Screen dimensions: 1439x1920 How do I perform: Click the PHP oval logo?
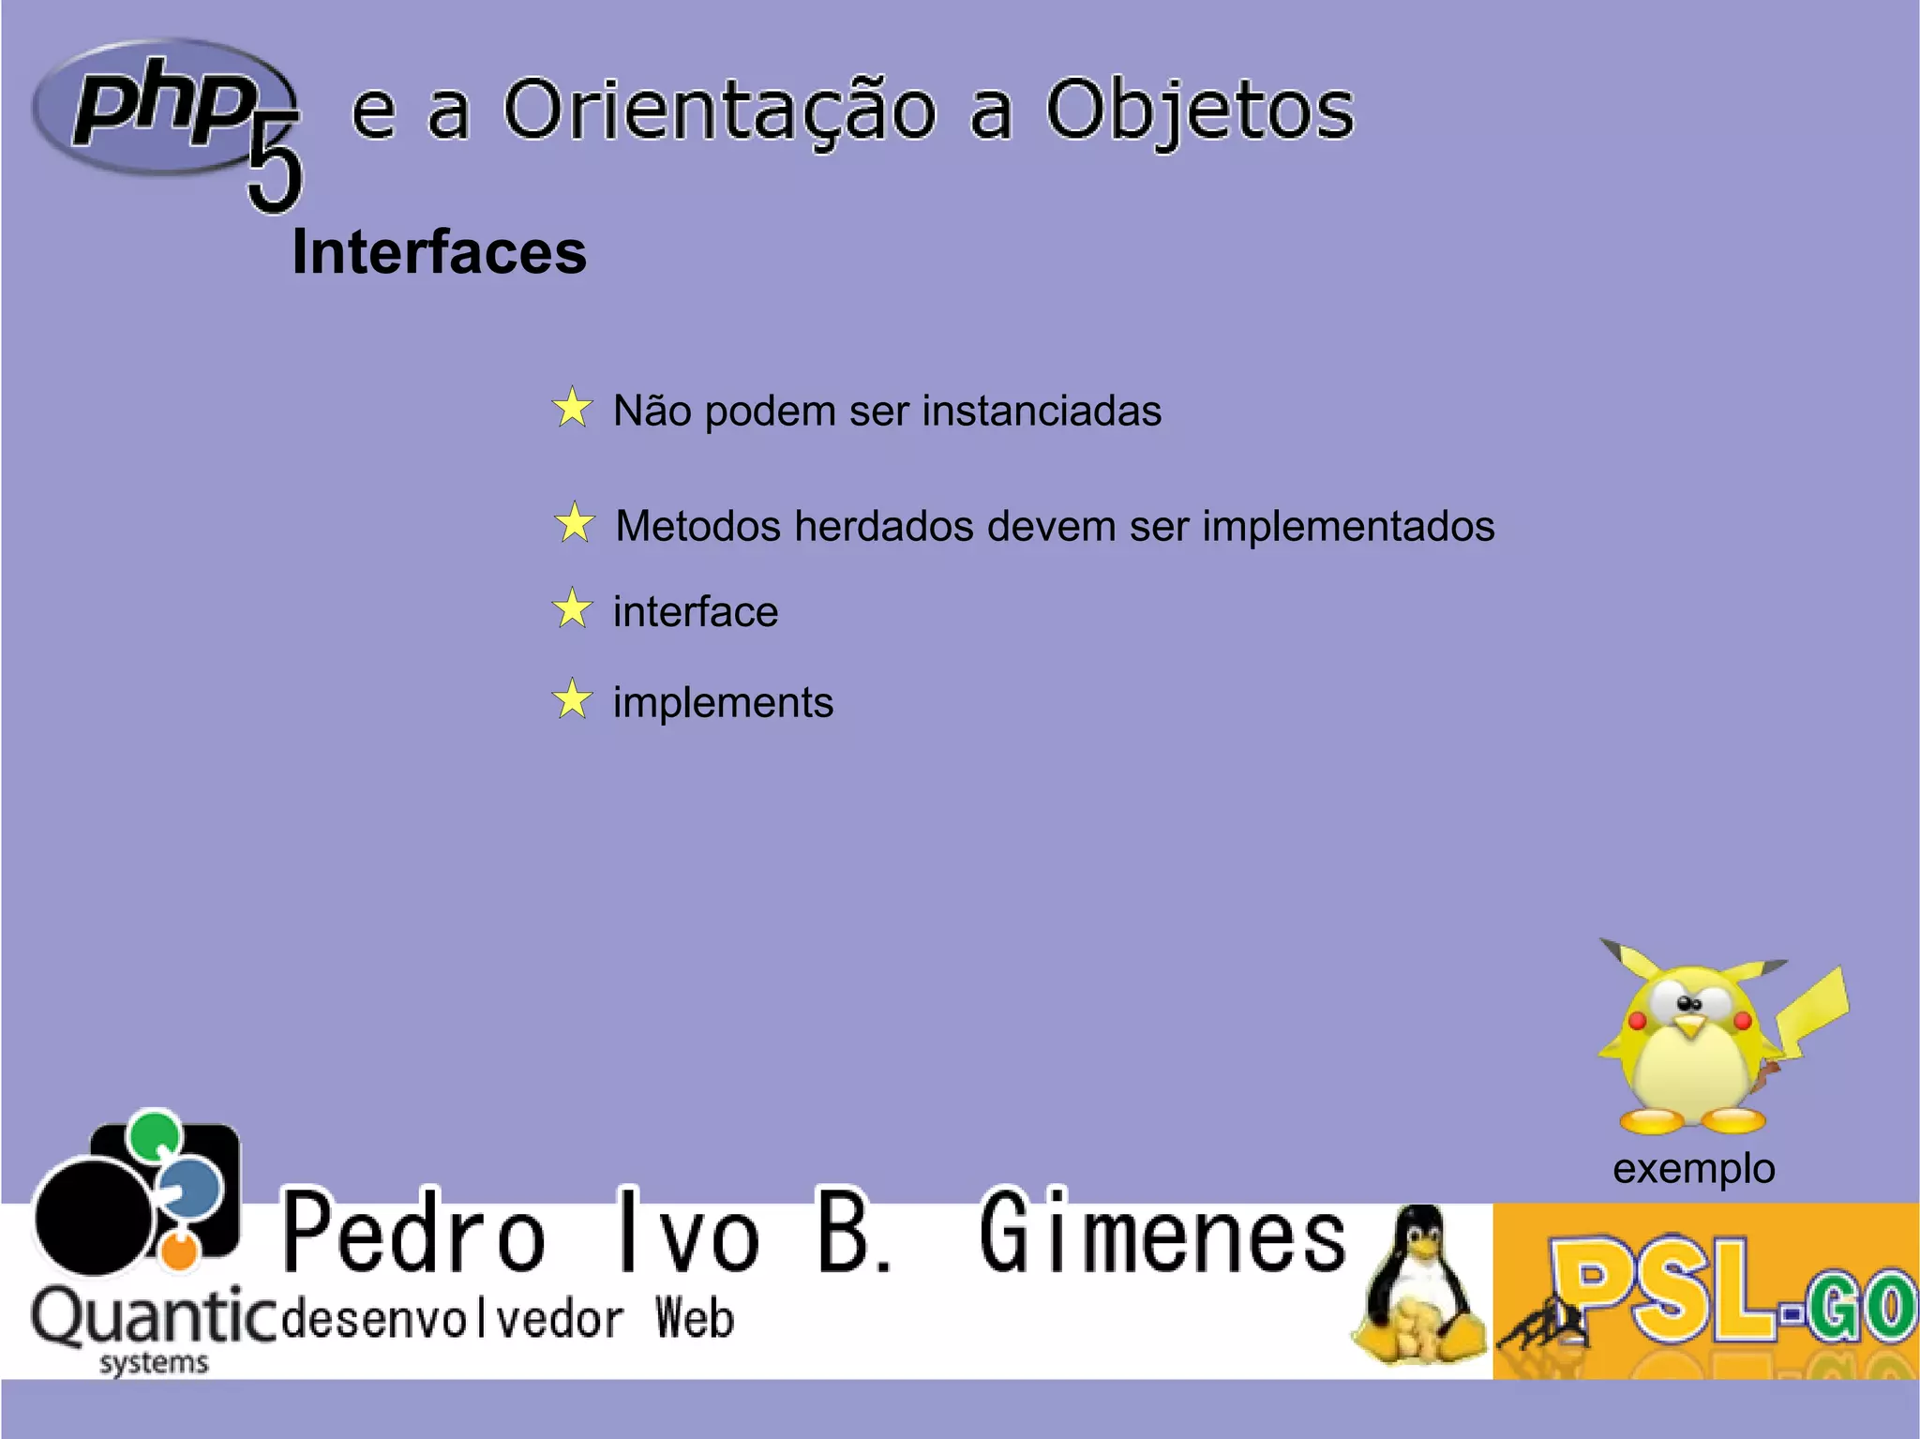tap(159, 106)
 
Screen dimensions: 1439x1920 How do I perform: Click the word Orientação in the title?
tap(719, 111)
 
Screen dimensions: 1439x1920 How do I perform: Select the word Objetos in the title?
tap(1199, 111)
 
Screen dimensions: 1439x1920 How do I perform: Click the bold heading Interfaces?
tap(439, 252)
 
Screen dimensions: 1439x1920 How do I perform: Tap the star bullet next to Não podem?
tap(572, 409)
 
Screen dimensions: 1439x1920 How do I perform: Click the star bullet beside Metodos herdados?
tap(575, 523)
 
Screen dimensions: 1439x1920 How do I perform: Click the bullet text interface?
tap(695, 612)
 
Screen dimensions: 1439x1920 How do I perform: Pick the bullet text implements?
tap(723, 702)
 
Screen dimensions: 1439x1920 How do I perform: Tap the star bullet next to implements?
tap(572, 699)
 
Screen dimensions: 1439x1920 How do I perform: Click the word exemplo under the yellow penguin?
tap(1693, 1169)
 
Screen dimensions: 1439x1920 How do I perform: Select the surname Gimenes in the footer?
tap(1162, 1234)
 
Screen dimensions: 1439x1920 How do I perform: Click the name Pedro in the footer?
tap(413, 1234)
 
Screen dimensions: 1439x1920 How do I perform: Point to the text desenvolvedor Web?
tap(507, 1319)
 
